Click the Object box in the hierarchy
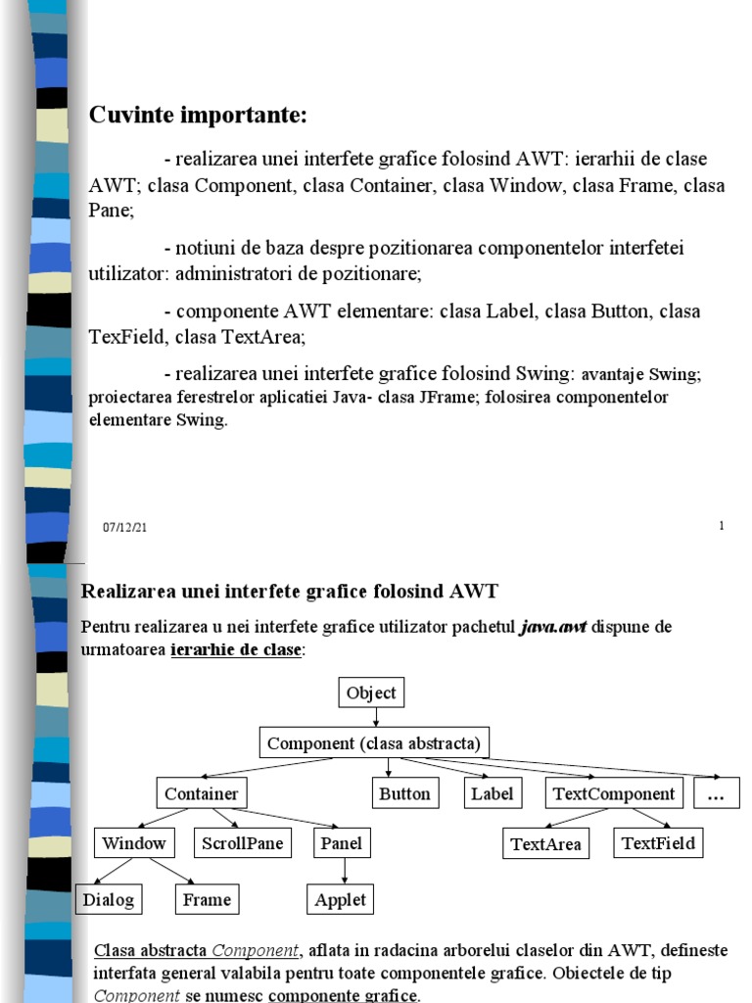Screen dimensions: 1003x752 [372, 693]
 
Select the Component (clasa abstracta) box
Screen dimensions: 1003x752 [375, 743]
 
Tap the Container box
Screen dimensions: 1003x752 [202, 794]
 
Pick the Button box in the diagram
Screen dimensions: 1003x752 [404, 794]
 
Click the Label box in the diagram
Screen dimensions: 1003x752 [492, 794]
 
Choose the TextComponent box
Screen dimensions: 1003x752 [614, 794]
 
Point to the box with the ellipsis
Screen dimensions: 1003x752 [717, 794]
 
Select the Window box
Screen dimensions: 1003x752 [134, 843]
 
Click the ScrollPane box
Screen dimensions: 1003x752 [242, 843]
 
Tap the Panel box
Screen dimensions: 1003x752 [341, 843]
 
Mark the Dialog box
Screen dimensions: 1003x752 [108, 900]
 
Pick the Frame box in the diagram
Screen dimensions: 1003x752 [208, 900]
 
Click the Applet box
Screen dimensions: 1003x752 [341, 900]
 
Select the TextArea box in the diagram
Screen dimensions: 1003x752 [546, 844]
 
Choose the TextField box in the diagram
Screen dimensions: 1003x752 [658, 843]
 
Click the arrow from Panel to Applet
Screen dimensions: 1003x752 [344, 871]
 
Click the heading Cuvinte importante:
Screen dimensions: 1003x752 [199, 116]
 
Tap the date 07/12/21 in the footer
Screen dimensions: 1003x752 [124, 528]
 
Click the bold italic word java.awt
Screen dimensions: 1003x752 [553, 627]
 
